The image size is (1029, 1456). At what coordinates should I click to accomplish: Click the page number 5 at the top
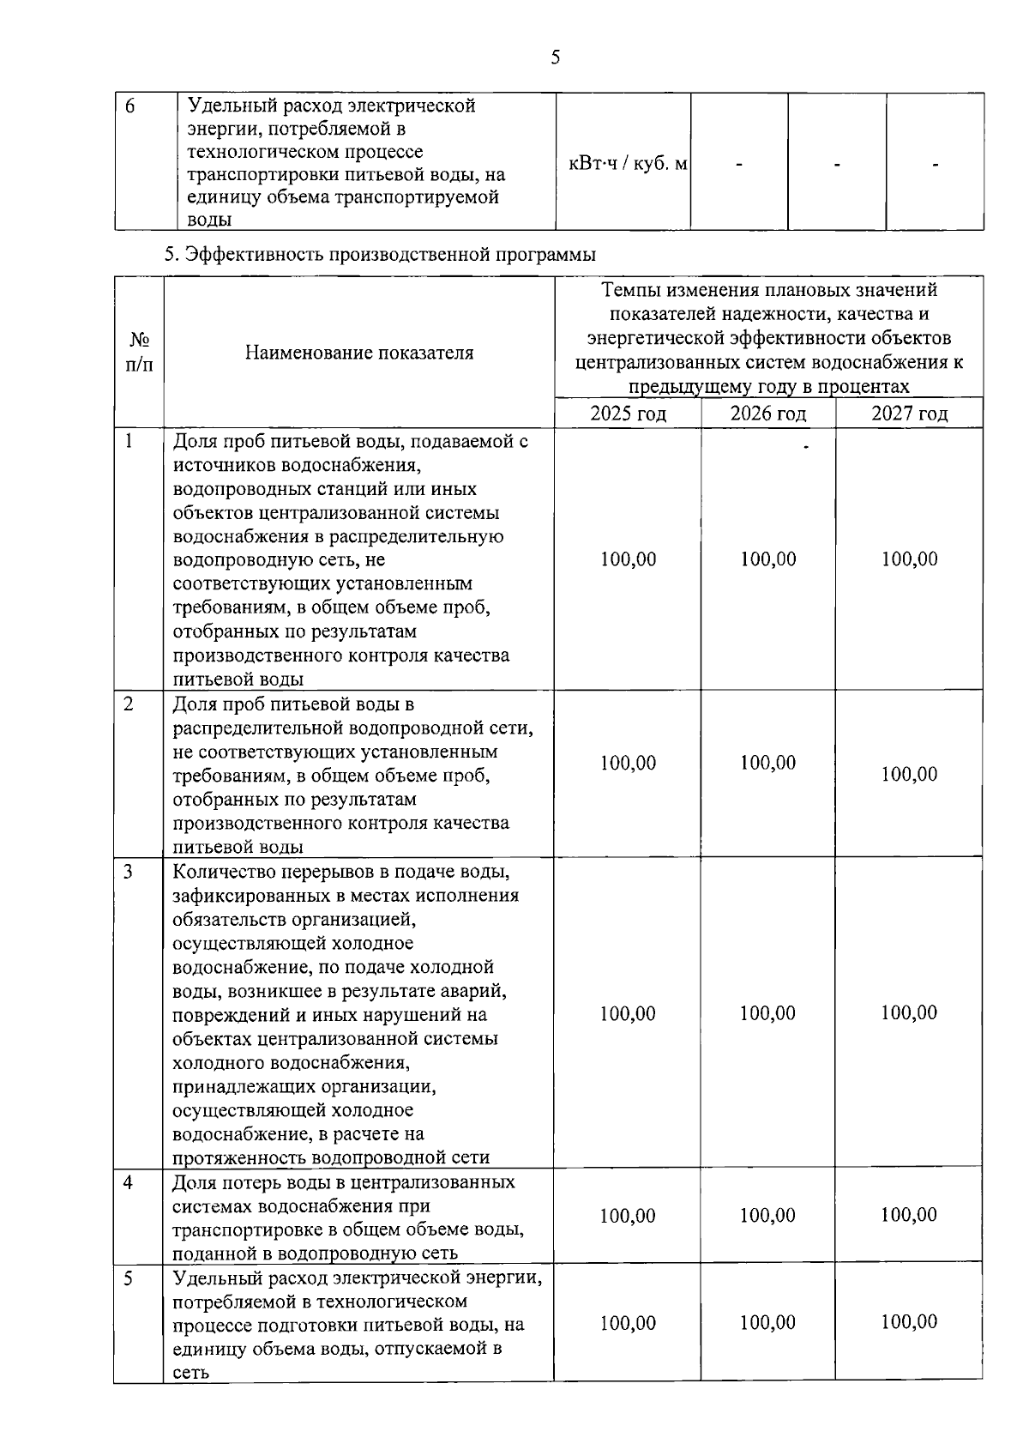(556, 57)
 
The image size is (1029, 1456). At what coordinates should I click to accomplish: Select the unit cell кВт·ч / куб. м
(627, 163)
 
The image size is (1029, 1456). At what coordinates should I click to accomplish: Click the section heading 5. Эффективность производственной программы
(380, 255)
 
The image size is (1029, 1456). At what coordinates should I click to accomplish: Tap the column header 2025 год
(628, 414)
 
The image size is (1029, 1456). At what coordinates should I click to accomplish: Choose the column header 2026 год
(767, 414)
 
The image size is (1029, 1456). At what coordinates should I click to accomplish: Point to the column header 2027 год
(909, 414)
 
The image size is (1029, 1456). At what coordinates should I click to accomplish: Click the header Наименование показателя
(358, 353)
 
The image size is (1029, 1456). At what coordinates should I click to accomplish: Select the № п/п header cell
(140, 353)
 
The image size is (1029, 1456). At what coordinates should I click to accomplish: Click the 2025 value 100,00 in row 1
(628, 559)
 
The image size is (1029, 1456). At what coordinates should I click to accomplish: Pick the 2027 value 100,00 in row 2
(909, 774)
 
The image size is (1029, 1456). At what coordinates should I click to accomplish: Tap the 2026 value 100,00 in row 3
(767, 1013)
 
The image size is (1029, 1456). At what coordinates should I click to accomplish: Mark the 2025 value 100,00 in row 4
(627, 1216)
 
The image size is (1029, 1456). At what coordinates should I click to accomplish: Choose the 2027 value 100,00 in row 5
(909, 1321)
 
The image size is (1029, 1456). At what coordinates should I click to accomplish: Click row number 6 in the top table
(130, 106)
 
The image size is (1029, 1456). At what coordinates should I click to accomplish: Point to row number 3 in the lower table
(128, 873)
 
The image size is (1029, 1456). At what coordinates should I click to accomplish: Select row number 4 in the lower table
(128, 1183)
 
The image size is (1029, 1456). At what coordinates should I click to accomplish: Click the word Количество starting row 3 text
(220, 872)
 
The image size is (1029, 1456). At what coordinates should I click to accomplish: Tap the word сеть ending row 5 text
(190, 1372)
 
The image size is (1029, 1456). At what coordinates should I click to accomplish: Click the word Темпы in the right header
(631, 290)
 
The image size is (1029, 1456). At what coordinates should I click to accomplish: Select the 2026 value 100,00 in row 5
(767, 1322)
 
